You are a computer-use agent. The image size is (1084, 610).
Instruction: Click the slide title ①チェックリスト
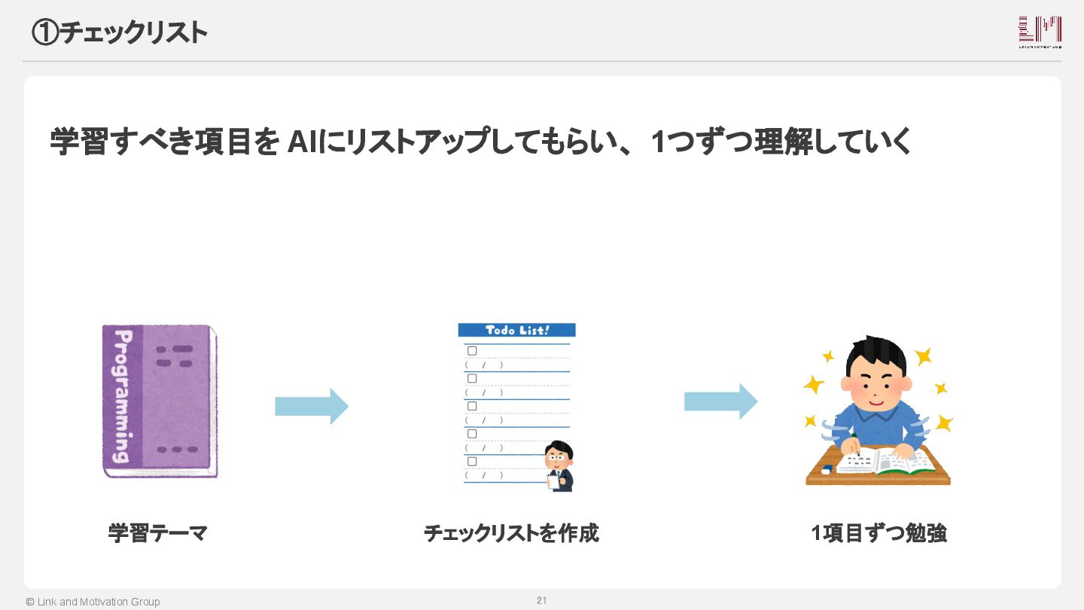pyautogui.click(x=119, y=32)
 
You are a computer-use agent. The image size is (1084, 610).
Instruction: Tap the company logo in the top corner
pyautogui.click(x=1040, y=32)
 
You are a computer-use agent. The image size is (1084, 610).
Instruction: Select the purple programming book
pyautogui.click(x=160, y=401)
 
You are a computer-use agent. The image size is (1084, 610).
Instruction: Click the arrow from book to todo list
pyautogui.click(x=311, y=407)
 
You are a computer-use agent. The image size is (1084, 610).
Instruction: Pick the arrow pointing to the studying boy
pyautogui.click(x=720, y=401)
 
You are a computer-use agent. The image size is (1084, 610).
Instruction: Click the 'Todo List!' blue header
pyautogui.click(x=516, y=330)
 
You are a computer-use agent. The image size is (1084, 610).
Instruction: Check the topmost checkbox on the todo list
pyautogui.click(x=472, y=351)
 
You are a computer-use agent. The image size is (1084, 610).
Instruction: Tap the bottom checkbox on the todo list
pyautogui.click(x=472, y=461)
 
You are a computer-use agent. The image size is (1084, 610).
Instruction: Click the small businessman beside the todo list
pyautogui.click(x=559, y=466)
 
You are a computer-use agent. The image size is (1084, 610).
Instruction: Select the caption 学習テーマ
pyautogui.click(x=157, y=533)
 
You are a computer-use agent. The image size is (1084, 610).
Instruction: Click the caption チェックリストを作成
pyautogui.click(x=511, y=533)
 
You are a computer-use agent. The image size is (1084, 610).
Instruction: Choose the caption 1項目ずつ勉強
pyautogui.click(x=878, y=533)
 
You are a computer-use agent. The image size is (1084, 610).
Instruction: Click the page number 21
pyautogui.click(x=541, y=600)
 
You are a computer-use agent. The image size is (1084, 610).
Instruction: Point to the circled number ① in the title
pyautogui.click(x=44, y=32)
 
